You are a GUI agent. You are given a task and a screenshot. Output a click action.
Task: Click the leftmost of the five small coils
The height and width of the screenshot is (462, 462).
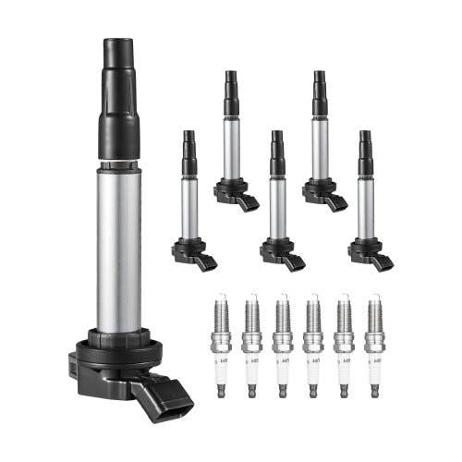pyautogui.click(x=189, y=203)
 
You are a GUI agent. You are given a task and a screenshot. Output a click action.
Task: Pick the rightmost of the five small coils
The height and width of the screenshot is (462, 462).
pyautogui.click(x=367, y=203)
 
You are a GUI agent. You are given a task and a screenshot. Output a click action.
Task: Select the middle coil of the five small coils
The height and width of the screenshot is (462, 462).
pyautogui.click(x=278, y=203)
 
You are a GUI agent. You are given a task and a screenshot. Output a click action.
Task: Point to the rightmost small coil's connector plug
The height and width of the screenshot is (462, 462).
pyautogui.click(x=383, y=261)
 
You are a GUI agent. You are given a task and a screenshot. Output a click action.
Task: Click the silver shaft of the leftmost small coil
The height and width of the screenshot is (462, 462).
pyautogui.click(x=189, y=208)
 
